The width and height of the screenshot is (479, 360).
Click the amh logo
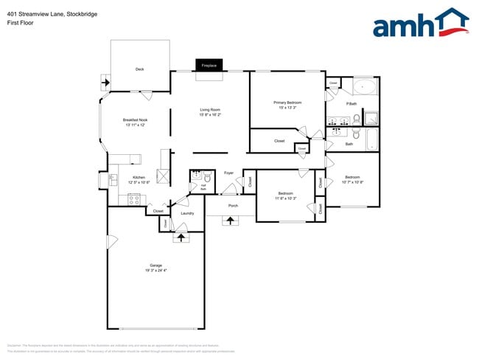[419, 23]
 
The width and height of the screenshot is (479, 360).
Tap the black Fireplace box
[209, 65]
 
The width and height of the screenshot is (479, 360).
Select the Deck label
[139, 69]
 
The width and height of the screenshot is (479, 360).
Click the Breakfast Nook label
[135, 120]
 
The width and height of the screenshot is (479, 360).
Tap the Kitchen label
[139, 178]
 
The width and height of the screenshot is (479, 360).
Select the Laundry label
[187, 213]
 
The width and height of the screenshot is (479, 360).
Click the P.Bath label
[352, 103]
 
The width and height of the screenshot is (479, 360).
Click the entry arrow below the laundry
[181, 237]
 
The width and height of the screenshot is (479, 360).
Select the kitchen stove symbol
[134, 198]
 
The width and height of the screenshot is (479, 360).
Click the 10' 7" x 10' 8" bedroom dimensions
[353, 182]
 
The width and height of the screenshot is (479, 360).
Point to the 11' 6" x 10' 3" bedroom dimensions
[286, 198]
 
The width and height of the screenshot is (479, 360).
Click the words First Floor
[20, 23]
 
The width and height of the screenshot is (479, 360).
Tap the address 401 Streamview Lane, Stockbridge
[52, 14]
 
